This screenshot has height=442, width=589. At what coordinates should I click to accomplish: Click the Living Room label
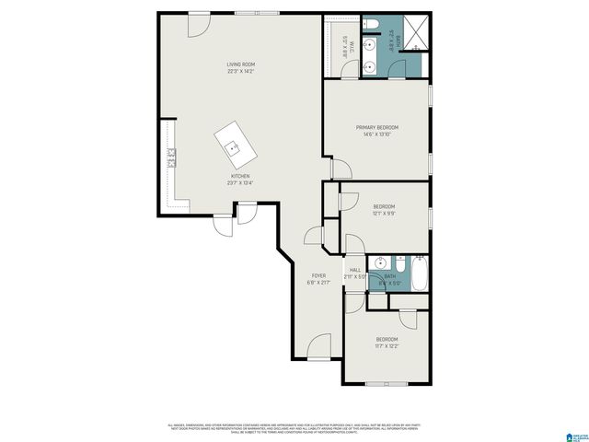click(241, 64)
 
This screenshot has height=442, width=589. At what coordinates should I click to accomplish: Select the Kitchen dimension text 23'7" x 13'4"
click(240, 183)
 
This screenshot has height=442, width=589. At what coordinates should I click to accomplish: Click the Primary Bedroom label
click(378, 127)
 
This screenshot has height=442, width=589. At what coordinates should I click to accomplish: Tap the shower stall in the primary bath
click(417, 33)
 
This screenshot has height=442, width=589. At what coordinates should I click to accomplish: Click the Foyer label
click(318, 275)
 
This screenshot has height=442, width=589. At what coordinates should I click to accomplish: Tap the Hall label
click(355, 270)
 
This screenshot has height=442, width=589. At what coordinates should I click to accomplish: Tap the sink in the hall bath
click(380, 263)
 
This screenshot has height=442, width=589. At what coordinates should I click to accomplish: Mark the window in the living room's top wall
click(246, 13)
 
